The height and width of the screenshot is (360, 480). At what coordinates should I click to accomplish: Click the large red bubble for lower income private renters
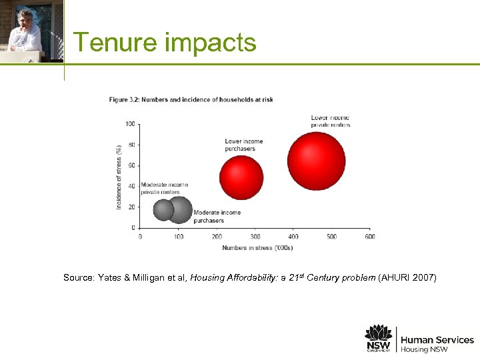(317, 161)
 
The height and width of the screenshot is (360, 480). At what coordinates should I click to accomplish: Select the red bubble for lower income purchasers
(241, 178)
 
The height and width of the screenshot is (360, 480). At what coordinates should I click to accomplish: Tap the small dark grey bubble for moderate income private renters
(163, 210)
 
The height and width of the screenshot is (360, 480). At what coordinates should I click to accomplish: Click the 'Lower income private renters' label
(330, 121)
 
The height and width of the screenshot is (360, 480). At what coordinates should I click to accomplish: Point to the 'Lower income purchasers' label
(243, 145)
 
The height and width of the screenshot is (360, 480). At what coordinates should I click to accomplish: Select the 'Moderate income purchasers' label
(217, 217)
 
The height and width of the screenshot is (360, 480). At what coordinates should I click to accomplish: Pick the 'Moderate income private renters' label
(164, 189)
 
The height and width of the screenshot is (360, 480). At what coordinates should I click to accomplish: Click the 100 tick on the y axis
(130, 124)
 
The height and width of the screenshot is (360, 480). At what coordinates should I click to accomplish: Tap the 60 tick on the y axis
(131, 165)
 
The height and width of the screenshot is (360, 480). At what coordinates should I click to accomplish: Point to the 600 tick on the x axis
(370, 237)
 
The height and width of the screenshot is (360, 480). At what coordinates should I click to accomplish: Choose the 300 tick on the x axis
(255, 237)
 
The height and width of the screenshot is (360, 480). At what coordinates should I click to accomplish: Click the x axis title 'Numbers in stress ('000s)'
(257, 248)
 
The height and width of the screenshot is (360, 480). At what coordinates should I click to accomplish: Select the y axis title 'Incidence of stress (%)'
(119, 177)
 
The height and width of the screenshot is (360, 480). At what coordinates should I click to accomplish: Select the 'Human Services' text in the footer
(437, 340)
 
